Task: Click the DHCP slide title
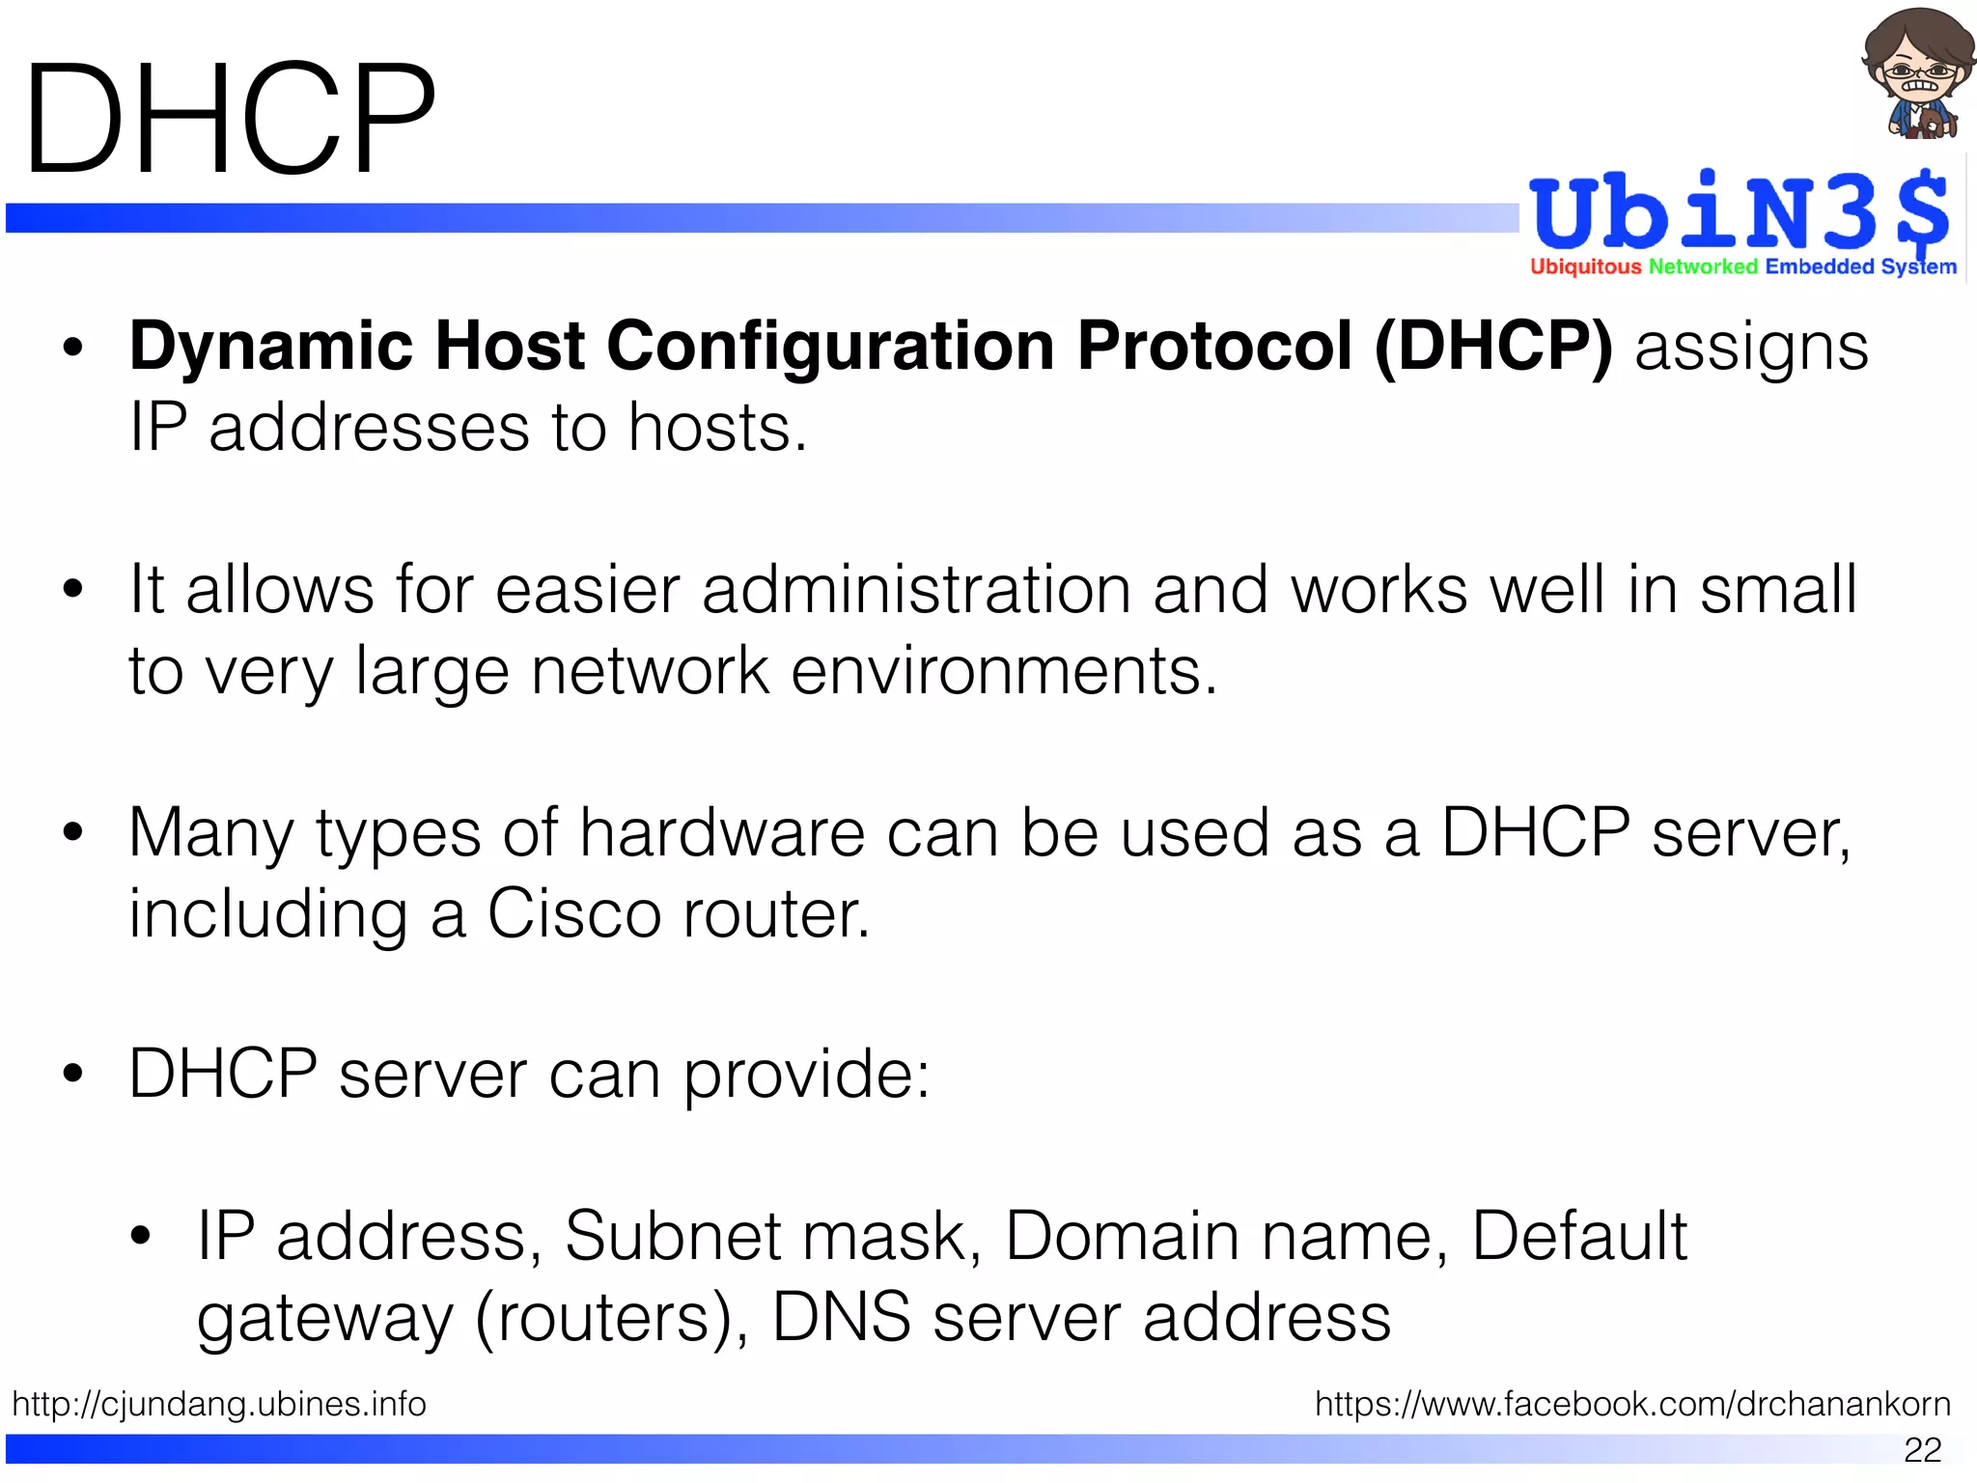click(230, 120)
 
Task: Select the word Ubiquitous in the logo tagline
click(1585, 267)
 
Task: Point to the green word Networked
click(1703, 267)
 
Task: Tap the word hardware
click(721, 833)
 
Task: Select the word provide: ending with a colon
click(806, 1076)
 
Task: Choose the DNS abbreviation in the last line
click(841, 1318)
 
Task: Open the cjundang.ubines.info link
click(219, 1405)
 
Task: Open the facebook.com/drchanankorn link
click(1632, 1405)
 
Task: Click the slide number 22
click(1922, 1450)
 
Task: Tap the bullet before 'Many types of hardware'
click(72, 833)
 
